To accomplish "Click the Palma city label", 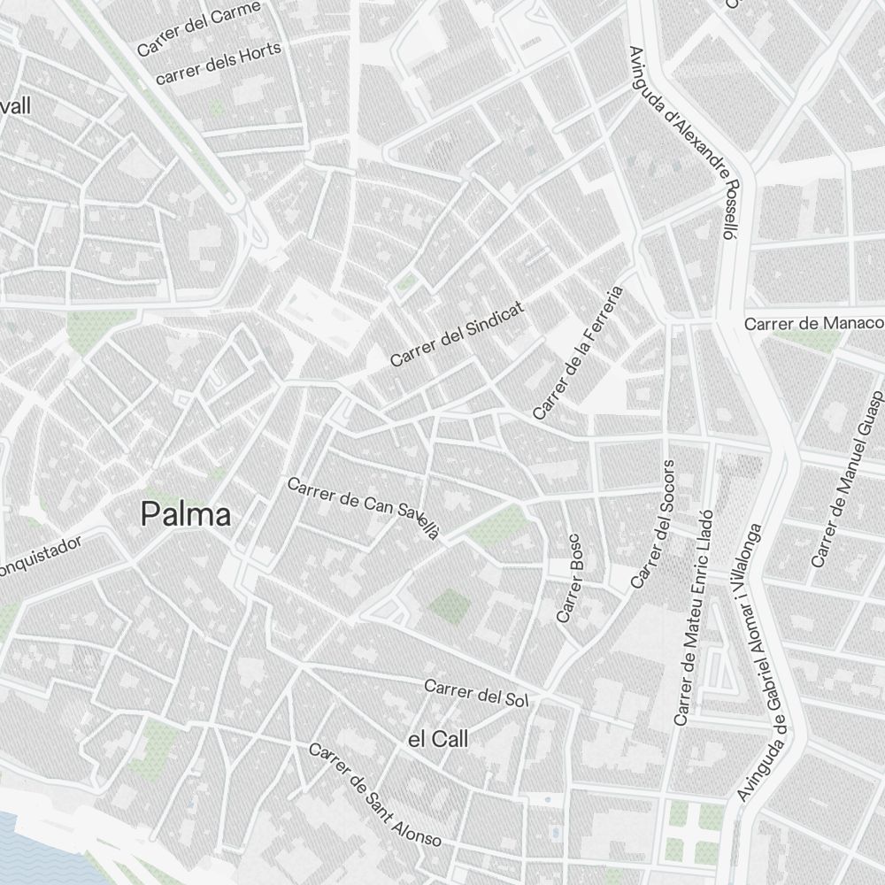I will click(x=186, y=514).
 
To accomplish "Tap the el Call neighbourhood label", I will click(x=438, y=739).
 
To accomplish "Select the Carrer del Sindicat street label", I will click(x=458, y=334).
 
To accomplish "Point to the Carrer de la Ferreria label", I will click(x=578, y=352).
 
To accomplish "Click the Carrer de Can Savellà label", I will click(x=363, y=508).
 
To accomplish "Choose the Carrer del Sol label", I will click(x=475, y=692).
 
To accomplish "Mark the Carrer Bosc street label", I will click(x=570, y=577).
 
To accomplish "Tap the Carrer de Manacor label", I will click(x=813, y=323).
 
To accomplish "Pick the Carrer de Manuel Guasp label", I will click(x=847, y=478).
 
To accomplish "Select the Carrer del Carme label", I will click(x=199, y=28).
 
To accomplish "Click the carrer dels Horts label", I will click(x=219, y=63).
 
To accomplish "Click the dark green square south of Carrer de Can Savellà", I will click(x=450, y=606).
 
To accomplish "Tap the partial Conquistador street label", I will click(x=40, y=554).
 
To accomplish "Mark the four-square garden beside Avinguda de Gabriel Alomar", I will click(x=692, y=832).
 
